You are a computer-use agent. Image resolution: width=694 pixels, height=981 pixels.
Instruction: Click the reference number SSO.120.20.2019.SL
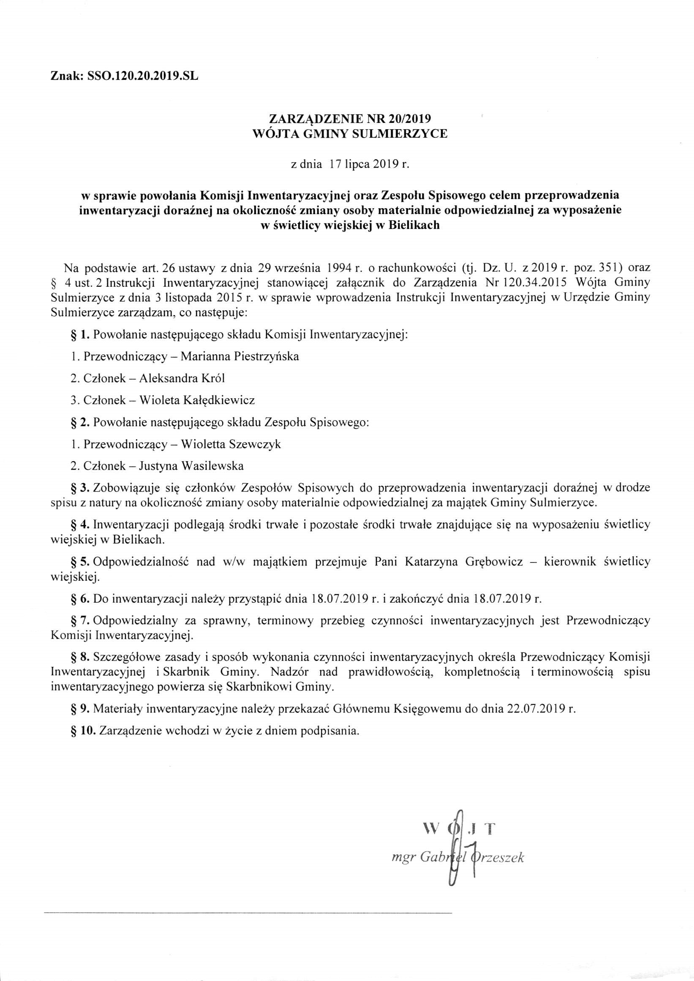143,76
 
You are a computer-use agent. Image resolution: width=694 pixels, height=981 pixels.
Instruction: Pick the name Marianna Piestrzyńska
240,356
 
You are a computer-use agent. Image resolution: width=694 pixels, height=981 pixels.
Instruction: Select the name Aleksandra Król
182,378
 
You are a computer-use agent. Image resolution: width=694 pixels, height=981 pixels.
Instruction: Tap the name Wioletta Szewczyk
231,444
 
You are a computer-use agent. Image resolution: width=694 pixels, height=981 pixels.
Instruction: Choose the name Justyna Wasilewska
192,466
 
